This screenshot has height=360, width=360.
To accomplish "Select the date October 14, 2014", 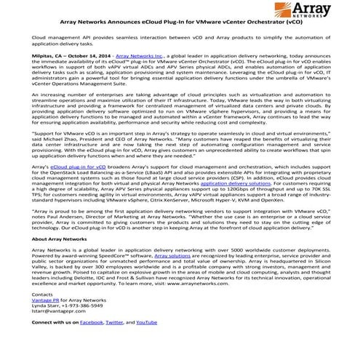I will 92,76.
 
